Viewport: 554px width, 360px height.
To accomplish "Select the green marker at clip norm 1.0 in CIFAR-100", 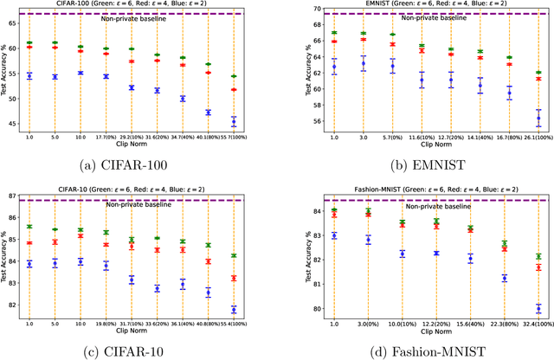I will [x=29, y=42].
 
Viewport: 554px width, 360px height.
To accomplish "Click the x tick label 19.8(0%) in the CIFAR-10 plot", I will [x=106, y=325].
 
